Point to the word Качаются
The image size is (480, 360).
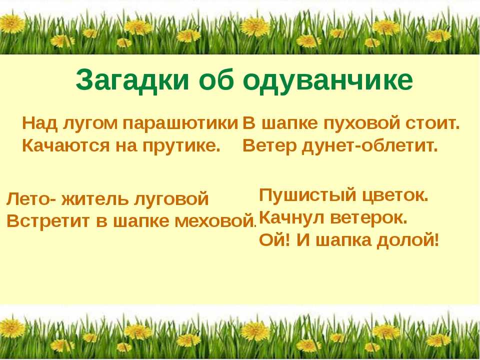pos(65,146)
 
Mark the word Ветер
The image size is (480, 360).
pos(269,146)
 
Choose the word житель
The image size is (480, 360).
pos(95,199)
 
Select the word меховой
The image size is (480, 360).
pos(216,220)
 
